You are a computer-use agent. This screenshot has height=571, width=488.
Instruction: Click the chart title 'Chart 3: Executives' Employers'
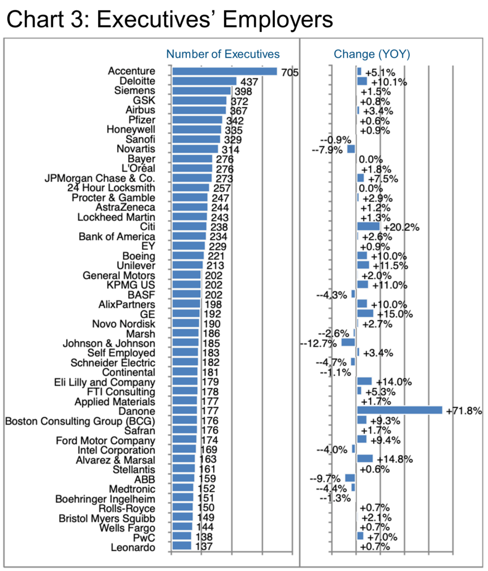170,19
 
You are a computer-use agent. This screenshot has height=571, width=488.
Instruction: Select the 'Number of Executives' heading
223,54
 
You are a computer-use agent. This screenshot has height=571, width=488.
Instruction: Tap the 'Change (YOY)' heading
372,54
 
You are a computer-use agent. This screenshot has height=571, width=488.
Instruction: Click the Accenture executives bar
225,71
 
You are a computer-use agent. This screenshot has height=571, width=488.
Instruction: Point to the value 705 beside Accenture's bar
290,72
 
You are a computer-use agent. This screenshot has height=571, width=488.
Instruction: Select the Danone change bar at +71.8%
399,410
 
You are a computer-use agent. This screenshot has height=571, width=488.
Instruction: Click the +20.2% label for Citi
402,228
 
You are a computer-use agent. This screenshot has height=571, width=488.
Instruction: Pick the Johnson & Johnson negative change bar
348,343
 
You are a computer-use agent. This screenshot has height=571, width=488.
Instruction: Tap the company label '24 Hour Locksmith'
111,188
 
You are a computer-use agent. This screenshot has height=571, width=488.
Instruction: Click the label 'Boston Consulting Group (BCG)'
80,421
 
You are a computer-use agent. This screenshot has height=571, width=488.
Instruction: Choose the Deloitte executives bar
205,81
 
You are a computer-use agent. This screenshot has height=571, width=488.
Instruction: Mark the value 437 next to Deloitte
249,82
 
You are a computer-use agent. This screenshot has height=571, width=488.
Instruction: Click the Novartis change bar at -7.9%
351,149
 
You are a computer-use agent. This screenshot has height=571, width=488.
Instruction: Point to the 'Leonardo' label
133,548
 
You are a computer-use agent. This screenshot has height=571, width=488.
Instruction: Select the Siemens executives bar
202,91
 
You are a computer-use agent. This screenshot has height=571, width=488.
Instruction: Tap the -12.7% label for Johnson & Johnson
318,343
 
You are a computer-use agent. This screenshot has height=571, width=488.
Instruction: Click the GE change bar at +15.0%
365,313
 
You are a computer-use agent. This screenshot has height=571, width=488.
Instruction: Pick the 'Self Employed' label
121,353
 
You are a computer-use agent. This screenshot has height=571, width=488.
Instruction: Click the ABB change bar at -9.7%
350,478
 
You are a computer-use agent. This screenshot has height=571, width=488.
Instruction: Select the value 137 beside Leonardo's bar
204,546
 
